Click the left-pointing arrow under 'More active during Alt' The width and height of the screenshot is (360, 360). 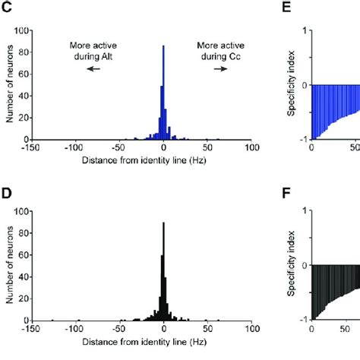92,68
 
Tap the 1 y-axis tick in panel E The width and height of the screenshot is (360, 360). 304,30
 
